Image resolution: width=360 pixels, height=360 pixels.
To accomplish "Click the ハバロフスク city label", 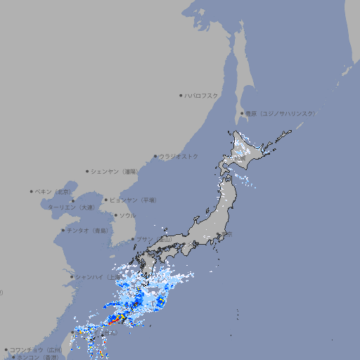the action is pos(202,95).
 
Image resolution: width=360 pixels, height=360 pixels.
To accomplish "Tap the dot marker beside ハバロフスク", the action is pos(181,95).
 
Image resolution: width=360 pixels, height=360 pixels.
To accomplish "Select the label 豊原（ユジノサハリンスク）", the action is pos(281,113).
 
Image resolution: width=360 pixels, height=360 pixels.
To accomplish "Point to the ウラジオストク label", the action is pos(179,156).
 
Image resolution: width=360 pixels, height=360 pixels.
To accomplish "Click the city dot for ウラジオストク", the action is pos(156,156).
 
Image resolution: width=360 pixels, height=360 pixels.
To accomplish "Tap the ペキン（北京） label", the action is pos(54,191).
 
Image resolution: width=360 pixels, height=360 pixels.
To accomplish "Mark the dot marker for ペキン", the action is pos(32,191).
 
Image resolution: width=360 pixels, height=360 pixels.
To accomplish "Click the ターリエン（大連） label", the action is pos(71,207).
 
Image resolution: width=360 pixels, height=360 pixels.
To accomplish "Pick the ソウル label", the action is pos(127,215).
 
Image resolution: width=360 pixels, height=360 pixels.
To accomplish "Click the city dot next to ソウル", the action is pos(115,215).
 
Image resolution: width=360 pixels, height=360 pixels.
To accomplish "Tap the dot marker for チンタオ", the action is pos(63,230).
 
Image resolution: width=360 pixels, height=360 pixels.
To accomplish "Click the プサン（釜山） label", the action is pos(153,239).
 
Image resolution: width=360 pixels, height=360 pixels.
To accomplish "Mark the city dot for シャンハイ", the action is pos(72,276).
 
